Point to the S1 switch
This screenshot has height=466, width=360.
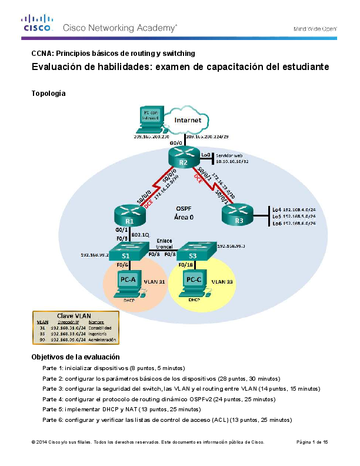click(x=125, y=252)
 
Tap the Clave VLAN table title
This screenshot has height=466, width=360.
click(x=73, y=315)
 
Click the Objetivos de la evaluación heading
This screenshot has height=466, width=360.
click(x=75, y=357)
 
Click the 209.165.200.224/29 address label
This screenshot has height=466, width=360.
click(x=207, y=136)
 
